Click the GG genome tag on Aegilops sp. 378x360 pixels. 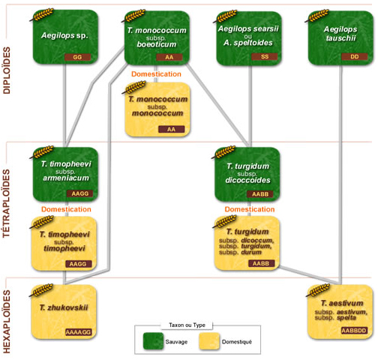point(77,57)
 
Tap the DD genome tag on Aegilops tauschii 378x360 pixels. point(355,57)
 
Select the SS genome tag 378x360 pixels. point(265,57)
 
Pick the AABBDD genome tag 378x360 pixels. point(354,331)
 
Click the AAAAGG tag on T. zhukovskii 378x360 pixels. point(78,332)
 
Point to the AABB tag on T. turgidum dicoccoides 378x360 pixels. point(260,194)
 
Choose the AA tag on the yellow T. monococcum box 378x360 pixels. point(171,129)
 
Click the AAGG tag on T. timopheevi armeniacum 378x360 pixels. point(80,193)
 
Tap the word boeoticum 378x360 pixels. point(157,44)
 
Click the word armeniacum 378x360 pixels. point(66,178)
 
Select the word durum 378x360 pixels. point(251,252)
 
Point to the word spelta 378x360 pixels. point(346,318)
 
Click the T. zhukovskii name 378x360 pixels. point(64,307)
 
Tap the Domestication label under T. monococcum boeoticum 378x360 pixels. point(156,74)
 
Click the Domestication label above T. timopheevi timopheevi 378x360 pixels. point(66,209)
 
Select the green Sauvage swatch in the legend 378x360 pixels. point(153,341)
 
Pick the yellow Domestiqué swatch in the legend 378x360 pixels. point(209,341)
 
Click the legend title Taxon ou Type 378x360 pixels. point(187,325)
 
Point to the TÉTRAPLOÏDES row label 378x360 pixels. point(7,203)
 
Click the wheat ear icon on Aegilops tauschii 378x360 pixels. point(317,16)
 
